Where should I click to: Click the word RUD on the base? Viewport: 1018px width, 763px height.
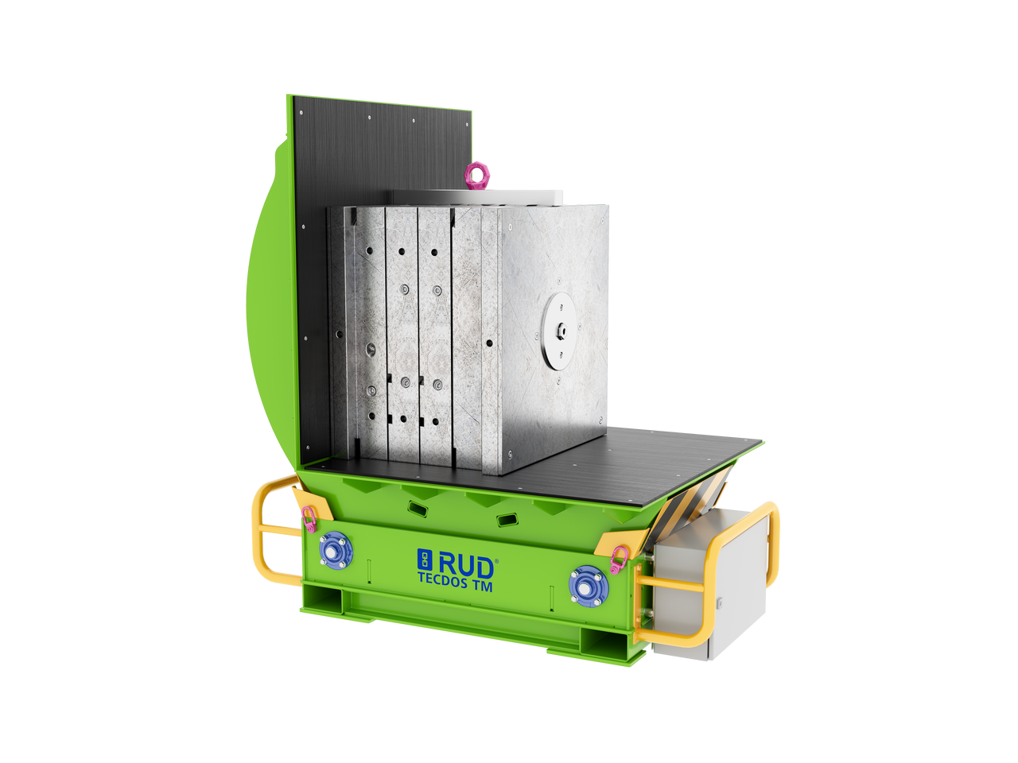[x=467, y=567]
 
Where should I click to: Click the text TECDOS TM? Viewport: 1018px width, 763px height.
[x=455, y=587]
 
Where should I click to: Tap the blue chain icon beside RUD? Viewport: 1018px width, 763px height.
[x=424, y=560]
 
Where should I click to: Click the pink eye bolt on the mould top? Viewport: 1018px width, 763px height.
[x=476, y=176]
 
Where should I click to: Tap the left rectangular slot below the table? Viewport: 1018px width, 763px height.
[x=416, y=505]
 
